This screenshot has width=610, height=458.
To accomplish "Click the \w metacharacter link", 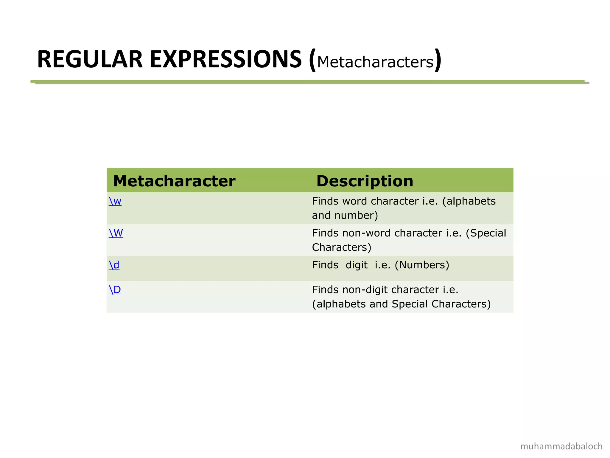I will [x=115, y=202].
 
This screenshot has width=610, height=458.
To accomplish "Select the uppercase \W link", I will [x=116, y=233].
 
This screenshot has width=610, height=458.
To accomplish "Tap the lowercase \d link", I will [x=114, y=265].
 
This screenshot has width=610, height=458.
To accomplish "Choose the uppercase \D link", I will [x=115, y=290].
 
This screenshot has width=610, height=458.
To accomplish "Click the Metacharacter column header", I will [x=174, y=181].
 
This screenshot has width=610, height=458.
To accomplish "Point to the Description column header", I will [x=365, y=181].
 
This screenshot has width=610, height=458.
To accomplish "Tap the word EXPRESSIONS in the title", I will [x=226, y=60].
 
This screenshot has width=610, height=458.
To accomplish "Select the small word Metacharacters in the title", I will [x=375, y=62].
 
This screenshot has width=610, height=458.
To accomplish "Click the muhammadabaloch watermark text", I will [x=561, y=446].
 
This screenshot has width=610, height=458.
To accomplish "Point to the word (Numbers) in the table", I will [x=422, y=265].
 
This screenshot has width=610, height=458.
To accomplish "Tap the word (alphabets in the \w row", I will [x=469, y=202].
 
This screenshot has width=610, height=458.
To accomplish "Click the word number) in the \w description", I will [x=356, y=216].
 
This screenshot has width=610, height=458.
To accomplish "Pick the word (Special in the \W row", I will [x=486, y=233].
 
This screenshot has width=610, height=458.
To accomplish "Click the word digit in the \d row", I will [x=357, y=265].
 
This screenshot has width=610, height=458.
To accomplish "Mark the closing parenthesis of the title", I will [x=438, y=60].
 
